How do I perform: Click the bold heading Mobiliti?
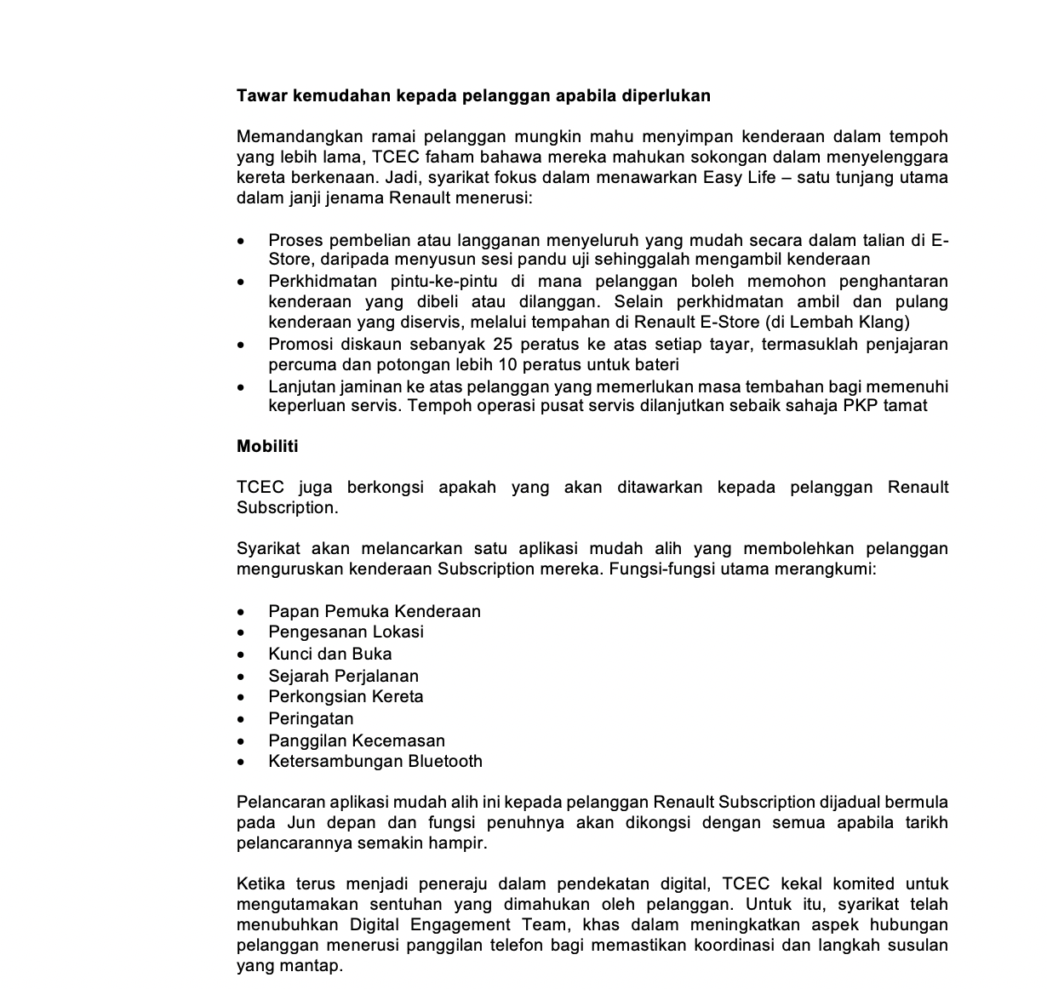(267, 446)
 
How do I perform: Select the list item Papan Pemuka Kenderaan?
(375, 611)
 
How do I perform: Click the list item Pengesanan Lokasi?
(346, 632)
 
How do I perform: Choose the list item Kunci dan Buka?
(330, 654)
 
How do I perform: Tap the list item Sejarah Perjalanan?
(343, 676)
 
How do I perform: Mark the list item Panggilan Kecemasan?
(357, 740)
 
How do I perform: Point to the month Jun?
(301, 823)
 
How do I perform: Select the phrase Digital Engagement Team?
(431, 925)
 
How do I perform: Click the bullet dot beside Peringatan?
(243, 720)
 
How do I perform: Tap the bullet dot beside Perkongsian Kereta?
(243, 698)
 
